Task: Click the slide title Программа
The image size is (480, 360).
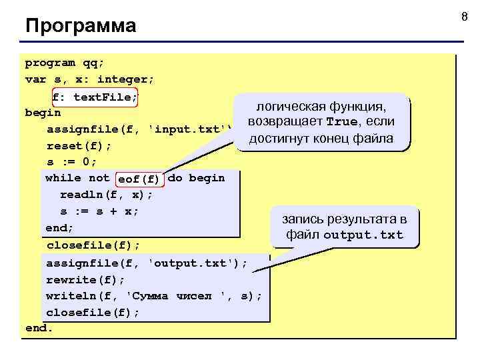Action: point(80,27)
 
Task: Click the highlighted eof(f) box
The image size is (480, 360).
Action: point(139,179)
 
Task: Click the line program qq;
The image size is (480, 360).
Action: point(65,64)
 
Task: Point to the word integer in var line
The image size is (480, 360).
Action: point(131,80)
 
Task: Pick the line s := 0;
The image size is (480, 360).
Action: point(71,161)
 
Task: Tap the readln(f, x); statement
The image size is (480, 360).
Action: point(106,195)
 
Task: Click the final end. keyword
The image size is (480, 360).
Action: point(39,329)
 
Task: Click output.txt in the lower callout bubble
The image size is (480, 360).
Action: point(363,235)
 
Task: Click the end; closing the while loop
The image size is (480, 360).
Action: point(60,228)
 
